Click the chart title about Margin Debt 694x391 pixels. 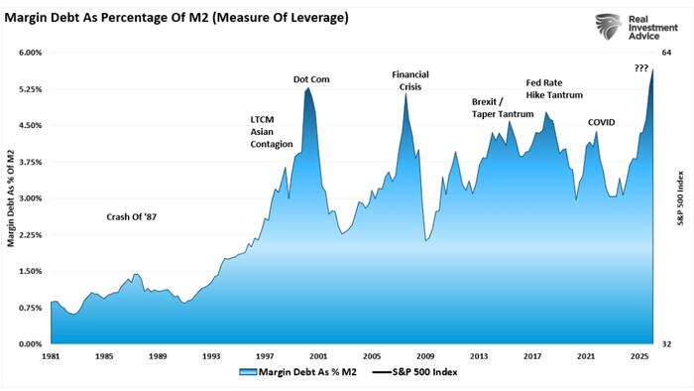coord(176,18)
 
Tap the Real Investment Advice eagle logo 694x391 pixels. coord(610,26)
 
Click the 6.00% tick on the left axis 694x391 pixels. coord(31,53)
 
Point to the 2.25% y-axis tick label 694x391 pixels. coord(31,235)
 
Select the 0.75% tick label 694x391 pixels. coord(31,308)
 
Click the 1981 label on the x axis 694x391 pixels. coord(51,356)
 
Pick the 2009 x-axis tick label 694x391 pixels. coord(425,356)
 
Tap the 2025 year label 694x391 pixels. coord(639,356)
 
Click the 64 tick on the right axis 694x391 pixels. coord(666,53)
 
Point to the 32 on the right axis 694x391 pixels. coord(666,344)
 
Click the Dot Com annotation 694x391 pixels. coord(311,79)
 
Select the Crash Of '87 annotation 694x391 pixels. coord(132,217)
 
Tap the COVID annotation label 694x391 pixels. coord(602,123)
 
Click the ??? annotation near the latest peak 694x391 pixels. coord(641,68)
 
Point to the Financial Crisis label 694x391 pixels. coord(410,80)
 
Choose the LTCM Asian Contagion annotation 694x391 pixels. coord(272,132)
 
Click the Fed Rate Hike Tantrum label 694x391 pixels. coord(554,89)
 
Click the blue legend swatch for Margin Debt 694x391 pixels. coord(248,372)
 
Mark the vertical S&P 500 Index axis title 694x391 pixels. coord(681,198)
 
